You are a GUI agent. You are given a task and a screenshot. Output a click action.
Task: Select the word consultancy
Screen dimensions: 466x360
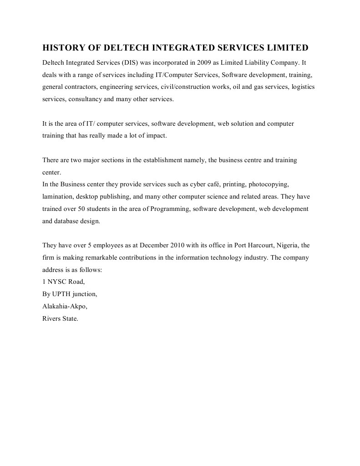(85, 98)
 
